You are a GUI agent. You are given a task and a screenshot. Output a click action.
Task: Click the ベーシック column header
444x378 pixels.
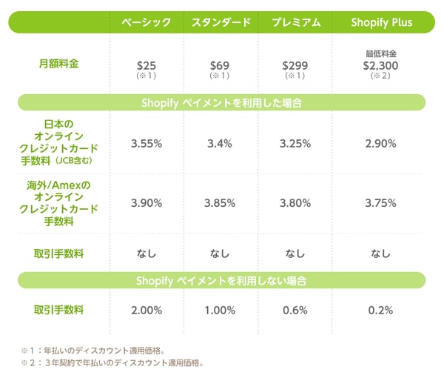146,22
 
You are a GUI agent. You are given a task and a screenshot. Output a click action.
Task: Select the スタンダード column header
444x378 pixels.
220,22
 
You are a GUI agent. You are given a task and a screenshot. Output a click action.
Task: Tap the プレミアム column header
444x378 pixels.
295,22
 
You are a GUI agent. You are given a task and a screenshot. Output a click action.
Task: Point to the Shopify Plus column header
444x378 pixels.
380,22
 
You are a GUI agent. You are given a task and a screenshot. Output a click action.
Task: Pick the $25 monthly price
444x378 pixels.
146,66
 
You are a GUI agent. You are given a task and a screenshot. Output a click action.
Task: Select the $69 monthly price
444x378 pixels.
220,66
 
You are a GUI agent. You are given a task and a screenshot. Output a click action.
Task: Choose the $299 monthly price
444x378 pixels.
295,66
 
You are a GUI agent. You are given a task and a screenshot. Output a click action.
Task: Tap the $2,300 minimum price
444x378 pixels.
380,66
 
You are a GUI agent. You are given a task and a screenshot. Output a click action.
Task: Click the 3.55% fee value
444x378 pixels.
146,143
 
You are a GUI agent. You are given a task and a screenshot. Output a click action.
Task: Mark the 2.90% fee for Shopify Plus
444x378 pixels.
380,143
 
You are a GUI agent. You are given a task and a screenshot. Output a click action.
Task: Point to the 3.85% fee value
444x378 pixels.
220,202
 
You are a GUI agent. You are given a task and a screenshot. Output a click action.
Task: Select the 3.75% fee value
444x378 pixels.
380,202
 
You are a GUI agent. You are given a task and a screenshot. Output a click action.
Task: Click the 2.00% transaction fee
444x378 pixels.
146,310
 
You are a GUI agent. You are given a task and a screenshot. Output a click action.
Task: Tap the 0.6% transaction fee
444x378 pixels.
295,310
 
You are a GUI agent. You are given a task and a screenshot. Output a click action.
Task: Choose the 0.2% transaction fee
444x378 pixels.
380,310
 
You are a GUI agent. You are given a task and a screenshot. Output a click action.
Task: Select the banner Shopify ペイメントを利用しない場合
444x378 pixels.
221,281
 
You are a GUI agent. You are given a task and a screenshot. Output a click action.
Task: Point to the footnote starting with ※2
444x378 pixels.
111,363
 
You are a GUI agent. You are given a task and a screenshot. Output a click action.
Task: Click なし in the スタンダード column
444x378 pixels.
220,253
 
